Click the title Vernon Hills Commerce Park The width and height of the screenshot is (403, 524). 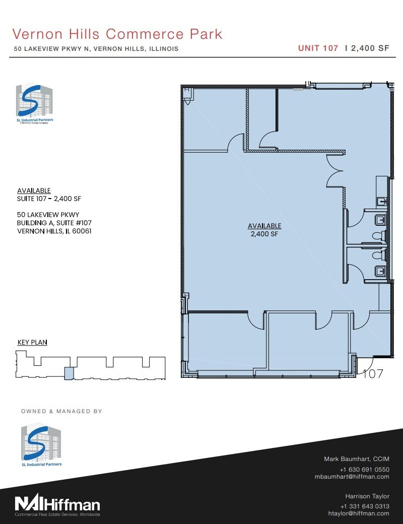pyautogui.click(x=117, y=34)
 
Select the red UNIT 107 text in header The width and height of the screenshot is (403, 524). pyautogui.click(x=318, y=49)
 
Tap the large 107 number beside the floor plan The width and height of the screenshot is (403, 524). pyautogui.click(x=373, y=374)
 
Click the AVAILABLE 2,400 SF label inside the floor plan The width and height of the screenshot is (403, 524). pyautogui.click(x=264, y=230)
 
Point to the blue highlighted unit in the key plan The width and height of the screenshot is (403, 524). pyautogui.click(x=69, y=373)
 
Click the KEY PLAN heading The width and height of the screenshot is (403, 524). pyautogui.click(x=32, y=342)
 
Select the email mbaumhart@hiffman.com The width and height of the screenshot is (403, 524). pyautogui.click(x=352, y=476)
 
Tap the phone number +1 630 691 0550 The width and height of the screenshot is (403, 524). pyautogui.click(x=365, y=469)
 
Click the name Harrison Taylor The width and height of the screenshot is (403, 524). pyautogui.click(x=367, y=496)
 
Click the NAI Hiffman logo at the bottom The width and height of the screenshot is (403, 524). pyautogui.click(x=57, y=504)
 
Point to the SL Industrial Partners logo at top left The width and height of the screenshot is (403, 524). pyautogui.click(x=35, y=105)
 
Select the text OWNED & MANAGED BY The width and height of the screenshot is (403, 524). pyautogui.click(x=61, y=411)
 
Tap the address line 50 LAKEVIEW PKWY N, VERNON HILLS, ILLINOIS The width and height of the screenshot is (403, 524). pyautogui.click(x=96, y=49)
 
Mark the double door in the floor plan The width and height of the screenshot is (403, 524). pyautogui.click(x=335, y=171)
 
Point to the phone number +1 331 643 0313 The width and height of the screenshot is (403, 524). pyautogui.click(x=365, y=506)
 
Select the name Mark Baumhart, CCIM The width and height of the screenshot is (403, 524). pyautogui.click(x=356, y=459)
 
